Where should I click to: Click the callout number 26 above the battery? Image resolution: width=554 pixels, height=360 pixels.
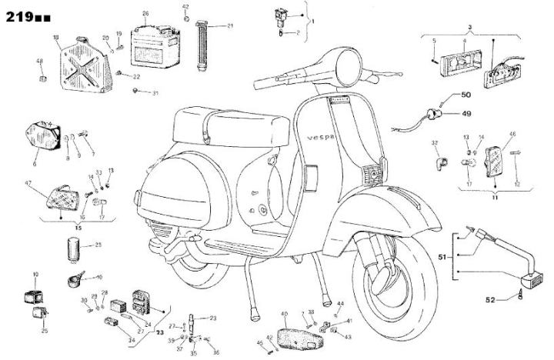point(145,13)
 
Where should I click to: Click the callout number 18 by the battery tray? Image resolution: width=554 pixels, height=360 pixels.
point(55,37)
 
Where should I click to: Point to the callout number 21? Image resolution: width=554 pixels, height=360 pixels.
point(230,25)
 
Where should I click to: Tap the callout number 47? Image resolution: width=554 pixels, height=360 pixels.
point(28,183)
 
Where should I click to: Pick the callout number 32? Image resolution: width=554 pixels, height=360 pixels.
point(434,143)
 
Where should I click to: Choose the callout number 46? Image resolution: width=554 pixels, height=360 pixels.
point(512,134)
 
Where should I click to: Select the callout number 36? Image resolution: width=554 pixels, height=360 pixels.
point(216,352)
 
